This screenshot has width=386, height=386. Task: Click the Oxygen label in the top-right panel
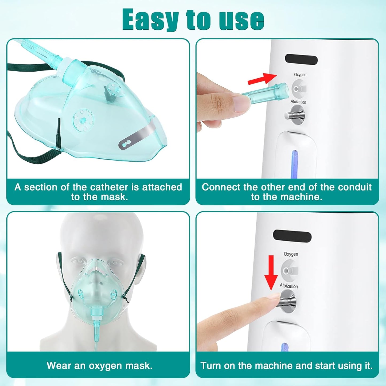click(x=300, y=75)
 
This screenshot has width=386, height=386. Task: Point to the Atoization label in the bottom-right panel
click(x=288, y=286)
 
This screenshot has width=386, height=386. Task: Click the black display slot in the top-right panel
click(x=301, y=59)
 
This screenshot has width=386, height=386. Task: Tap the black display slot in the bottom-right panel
click(x=292, y=236)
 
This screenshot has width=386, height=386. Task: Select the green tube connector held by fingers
click(x=267, y=92)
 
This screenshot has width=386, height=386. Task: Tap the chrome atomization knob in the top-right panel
click(x=294, y=115)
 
